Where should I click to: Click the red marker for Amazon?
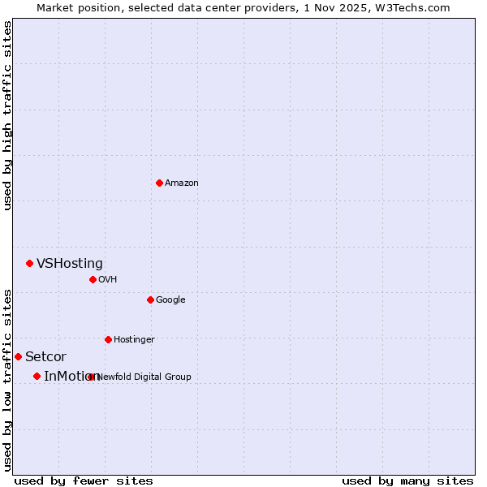(x=159, y=183)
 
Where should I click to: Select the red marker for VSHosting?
(x=29, y=263)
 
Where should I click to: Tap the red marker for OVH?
(x=93, y=279)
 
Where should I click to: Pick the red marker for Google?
(x=150, y=300)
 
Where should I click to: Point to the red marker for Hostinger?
(x=108, y=339)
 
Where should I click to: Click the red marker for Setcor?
(x=18, y=356)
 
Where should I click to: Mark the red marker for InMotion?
(x=37, y=376)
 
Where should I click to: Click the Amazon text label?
(x=182, y=183)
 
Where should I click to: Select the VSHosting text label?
(x=70, y=263)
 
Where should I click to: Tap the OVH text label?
(x=108, y=280)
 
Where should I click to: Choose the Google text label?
(x=170, y=300)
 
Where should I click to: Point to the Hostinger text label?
(x=134, y=339)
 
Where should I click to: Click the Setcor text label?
(x=45, y=357)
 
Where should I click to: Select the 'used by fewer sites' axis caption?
(x=84, y=481)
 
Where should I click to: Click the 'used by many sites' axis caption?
(x=407, y=481)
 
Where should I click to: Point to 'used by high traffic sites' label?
(x=7, y=116)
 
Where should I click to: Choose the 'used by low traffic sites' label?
(x=7, y=380)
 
